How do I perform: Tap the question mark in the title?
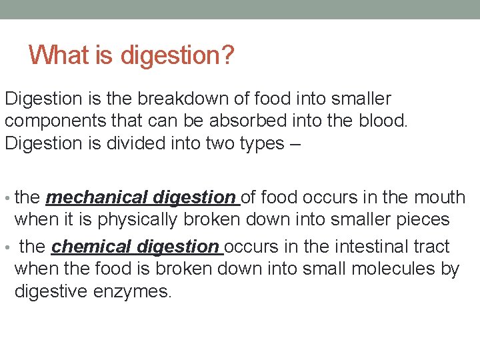coord(227,54)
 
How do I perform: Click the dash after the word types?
coord(297,144)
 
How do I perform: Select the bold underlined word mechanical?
coord(97,197)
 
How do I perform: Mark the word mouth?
coord(439,197)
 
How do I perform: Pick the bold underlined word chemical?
coord(91,247)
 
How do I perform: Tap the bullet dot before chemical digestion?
coord(7,248)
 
